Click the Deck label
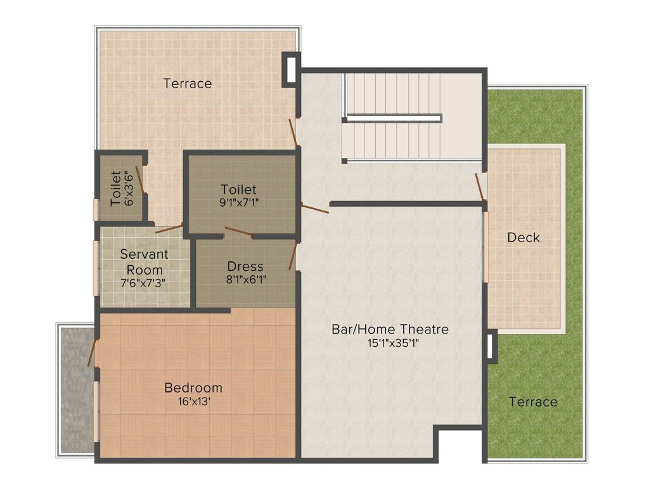click(524, 238)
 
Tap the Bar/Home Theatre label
click(390, 330)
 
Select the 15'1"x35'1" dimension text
click(390, 344)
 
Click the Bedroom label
click(193, 387)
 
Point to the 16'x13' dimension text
click(193, 401)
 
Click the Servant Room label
click(145, 262)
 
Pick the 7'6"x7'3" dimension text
click(145, 283)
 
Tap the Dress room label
click(245, 266)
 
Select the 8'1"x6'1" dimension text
click(245, 280)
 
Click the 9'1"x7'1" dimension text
click(239, 203)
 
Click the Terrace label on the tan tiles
click(188, 84)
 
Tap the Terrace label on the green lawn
click(533, 402)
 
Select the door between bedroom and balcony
click(92, 352)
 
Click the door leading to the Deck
click(480, 186)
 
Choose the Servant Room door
click(169, 228)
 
